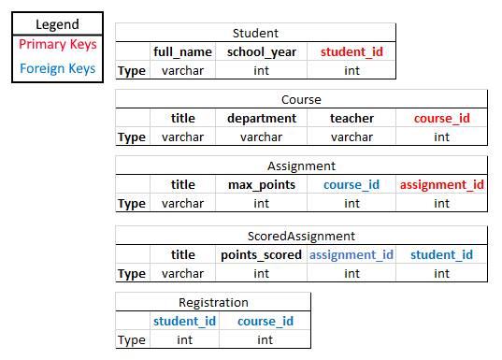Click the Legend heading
(x=57, y=25)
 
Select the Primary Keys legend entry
(x=57, y=45)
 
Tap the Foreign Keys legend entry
(x=57, y=68)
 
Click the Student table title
(x=255, y=33)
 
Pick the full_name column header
(x=183, y=51)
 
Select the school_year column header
(x=262, y=51)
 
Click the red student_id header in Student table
(x=351, y=51)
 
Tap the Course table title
(x=301, y=99)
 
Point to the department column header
(x=262, y=118)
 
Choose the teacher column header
(x=351, y=118)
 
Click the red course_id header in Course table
(x=441, y=118)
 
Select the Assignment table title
(x=301, y=166)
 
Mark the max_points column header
(x=262, y=184)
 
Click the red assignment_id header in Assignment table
(x=441, y=184)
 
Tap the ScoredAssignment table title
(x=301, y=236)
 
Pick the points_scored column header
(x=262, y=254)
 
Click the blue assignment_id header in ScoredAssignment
(x=351, y=254)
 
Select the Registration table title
(x=213, y=302)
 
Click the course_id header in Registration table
(x=265, y=321)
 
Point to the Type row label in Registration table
(x=132, y=339)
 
